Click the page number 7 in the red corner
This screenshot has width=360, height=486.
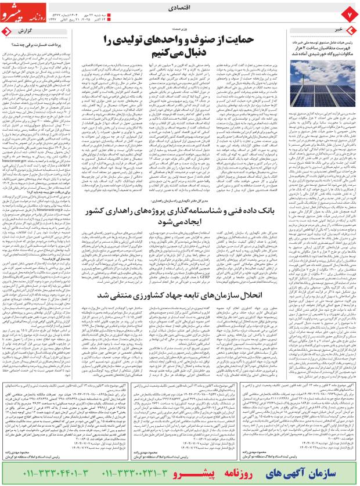(350, 11)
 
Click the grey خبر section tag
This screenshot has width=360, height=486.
(343, 27)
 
